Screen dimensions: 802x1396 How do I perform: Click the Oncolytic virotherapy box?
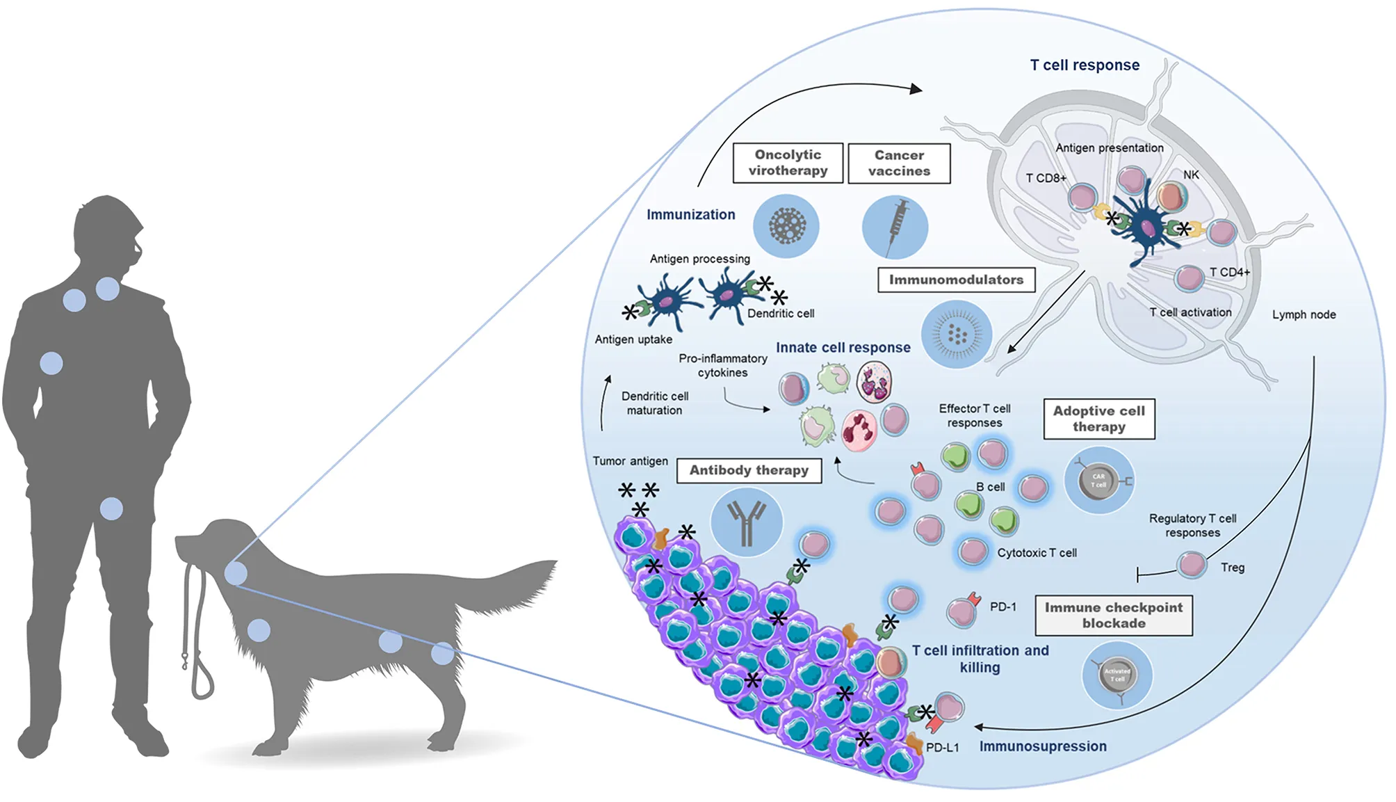click(x=788, y=163)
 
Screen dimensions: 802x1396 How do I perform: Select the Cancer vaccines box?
click(x=899, y=163)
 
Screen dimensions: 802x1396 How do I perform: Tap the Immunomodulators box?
click(x=956, y=280)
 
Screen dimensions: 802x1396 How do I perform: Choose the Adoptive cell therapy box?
click(x=1098, y=419)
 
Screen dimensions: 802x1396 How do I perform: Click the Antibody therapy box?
click(x=749, y=470)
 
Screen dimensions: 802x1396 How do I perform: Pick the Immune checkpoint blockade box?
click(x=1113, y=615)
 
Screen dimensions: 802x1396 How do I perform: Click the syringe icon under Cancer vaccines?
click(x=895, y=227)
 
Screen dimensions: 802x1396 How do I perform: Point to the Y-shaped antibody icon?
click(x=746, y=522)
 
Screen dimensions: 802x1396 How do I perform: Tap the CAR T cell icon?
click(x=1098, y=481)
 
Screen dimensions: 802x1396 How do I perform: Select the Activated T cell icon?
click(x=1117, y=675)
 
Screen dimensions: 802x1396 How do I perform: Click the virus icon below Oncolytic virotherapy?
click(x=786, y=226)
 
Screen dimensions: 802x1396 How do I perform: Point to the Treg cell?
click(x=1192, y=565)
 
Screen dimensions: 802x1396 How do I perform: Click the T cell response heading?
click(x=1085, y=65)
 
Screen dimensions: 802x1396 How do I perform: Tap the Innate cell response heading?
click(x=843, y=348)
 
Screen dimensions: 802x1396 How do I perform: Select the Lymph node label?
click(x=1304, y=314)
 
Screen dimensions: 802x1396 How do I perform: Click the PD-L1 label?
click(x=942, y=748)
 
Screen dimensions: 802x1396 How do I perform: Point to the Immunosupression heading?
click(x=1043, y=746)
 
